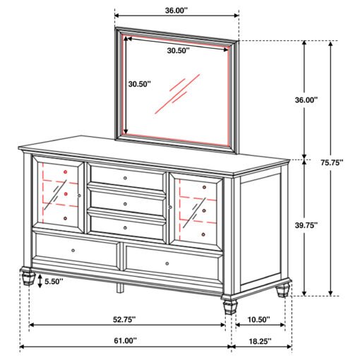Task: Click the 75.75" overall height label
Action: click(x=332, y=162)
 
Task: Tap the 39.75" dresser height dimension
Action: click(x=306, y=225)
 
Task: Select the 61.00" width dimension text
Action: click(x=125, y=340)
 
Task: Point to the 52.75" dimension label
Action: click(x=124, y=320)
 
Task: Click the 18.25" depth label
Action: click(x=260, y=341)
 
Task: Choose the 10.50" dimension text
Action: click(x=259, y=320)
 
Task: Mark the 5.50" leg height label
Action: click(x=54, y=282)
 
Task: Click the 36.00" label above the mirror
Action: click(x=176, y=11)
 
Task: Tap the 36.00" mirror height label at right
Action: click(x=306, y=100)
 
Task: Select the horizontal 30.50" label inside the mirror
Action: click(x=179, y=50)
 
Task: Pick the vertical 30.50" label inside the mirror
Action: click(x=139, y=84)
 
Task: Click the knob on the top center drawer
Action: click(x=125, y=178)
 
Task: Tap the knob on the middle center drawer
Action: click(x=125, y=204)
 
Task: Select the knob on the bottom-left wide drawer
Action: click(x=73, y=251)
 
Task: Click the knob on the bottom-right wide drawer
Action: click(x=167, y=263)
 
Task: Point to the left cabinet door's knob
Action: click(x=79, y=196)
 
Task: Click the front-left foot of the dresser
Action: click(x=28, y=276)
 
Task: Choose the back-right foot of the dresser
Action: click(x=283, y=290)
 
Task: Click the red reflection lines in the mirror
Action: click(x=177, y=94)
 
